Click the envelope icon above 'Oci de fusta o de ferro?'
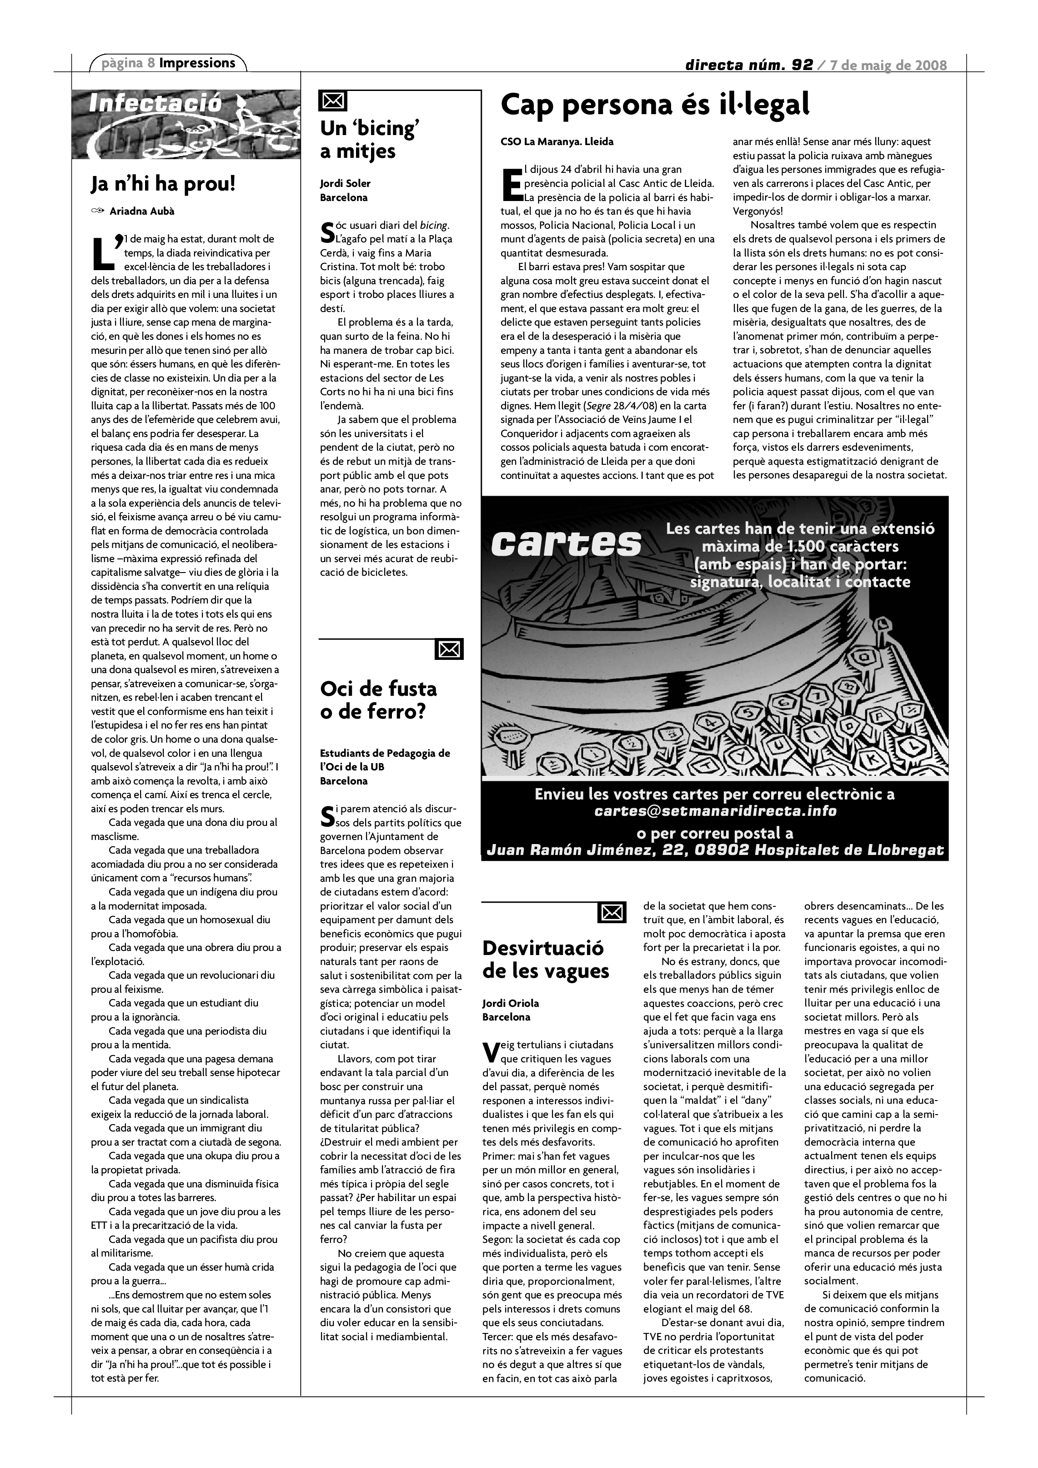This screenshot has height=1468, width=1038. (449, 649)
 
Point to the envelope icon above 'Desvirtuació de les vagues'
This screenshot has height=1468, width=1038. (612, 912)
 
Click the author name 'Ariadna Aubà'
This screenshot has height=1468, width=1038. (142, 211)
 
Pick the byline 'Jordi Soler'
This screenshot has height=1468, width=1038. (345, 184)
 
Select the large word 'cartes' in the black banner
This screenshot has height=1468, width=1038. (566, 544)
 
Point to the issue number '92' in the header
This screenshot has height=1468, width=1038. (802, 65)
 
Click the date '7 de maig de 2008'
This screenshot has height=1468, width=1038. (888, 65)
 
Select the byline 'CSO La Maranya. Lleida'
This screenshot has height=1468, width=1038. (557, 141)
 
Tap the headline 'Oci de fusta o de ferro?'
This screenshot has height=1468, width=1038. (378, 700)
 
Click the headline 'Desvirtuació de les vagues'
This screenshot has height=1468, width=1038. (545, 959)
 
